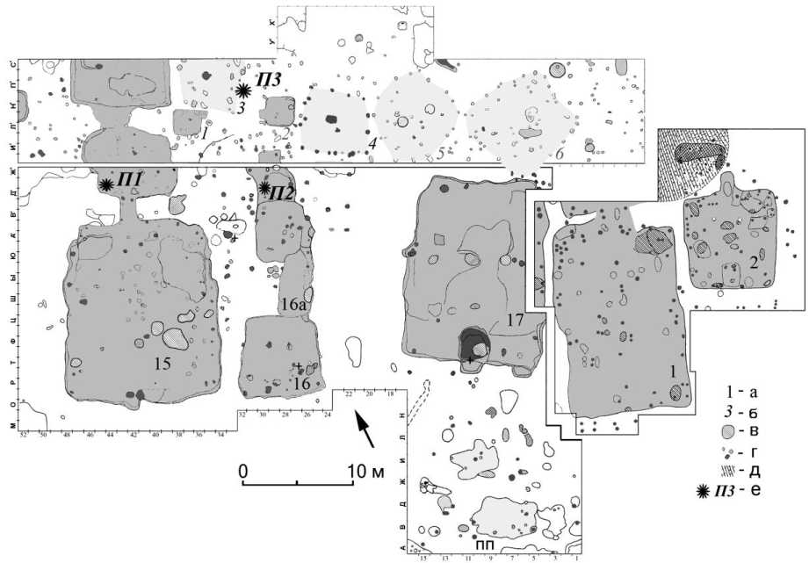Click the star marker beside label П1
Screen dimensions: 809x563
coord(105,184)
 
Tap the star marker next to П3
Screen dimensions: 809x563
coord(244,90)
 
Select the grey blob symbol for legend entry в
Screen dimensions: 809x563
coord(727,431)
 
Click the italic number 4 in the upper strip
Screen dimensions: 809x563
coord(372,141)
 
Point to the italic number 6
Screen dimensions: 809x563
coord(560,153)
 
